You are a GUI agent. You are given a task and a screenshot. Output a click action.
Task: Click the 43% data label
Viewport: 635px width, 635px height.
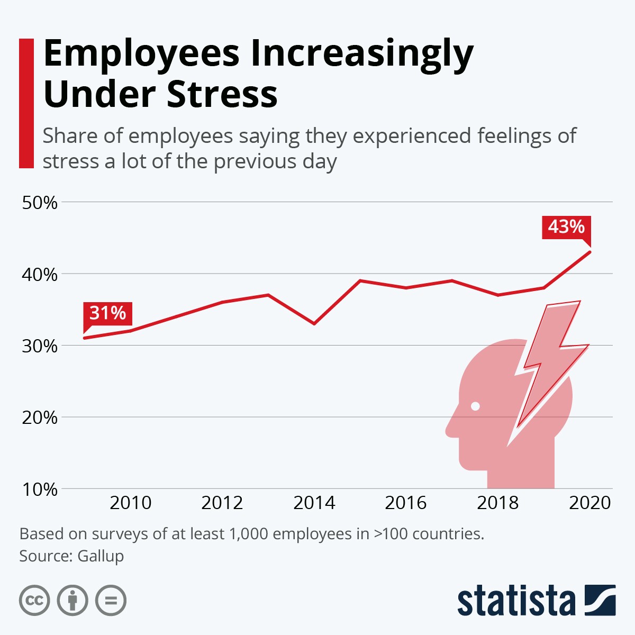pos(566,227)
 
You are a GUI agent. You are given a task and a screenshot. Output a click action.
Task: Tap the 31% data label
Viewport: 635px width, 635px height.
pos(107,313)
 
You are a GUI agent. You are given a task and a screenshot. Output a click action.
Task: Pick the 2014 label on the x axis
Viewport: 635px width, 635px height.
pos(314,503)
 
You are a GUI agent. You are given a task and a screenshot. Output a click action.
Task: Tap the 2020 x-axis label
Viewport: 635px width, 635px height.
pos(589,503)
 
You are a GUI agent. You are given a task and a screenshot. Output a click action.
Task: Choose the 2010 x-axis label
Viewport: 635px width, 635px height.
pos(130,503)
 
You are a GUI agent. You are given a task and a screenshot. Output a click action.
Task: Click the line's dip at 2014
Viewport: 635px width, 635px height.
pos(314,323)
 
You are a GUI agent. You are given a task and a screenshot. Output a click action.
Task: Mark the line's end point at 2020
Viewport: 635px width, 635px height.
pos(590,251)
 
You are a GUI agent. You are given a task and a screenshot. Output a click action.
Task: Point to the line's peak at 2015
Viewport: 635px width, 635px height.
pos(360,280)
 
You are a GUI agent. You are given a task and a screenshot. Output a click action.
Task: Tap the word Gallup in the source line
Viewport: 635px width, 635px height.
pos(101,556)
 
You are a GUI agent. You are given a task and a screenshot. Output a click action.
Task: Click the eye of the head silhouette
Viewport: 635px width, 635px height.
pos(475,406)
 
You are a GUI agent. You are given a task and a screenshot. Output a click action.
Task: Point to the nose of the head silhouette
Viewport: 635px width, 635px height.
pos(451,429)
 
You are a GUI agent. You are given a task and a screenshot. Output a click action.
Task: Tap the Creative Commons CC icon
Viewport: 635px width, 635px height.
pos(34,601)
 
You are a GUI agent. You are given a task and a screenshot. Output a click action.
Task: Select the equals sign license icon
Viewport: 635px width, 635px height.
pos(111,601)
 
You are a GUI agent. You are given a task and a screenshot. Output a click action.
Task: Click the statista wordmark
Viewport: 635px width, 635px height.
pos(516,601)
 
